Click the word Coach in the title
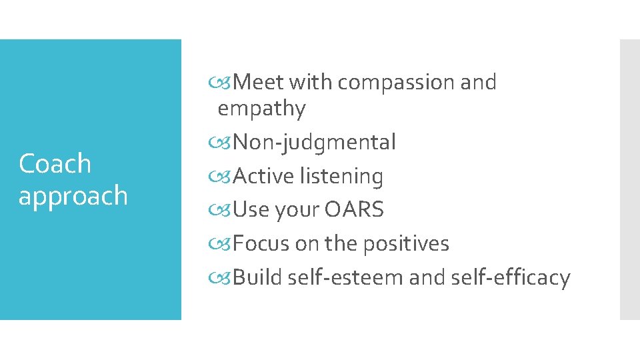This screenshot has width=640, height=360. pos(55,163)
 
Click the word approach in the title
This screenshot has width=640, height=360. pos(73,196)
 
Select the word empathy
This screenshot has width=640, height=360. pos(261,109)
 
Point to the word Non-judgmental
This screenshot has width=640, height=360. pos(315,142)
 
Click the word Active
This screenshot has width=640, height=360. pos(264,176)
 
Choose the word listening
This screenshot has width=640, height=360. pos(341,176)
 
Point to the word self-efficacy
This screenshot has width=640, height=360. pos(510,277)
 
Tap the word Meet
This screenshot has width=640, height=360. pos(259,82)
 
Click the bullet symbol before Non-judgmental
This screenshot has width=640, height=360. pos(225,143)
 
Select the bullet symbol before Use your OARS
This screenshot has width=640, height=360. pos(225,211)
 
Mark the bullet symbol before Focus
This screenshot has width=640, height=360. pos(225,244)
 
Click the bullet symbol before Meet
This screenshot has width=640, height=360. pos(225,83)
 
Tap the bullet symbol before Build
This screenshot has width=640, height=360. pos(225,278)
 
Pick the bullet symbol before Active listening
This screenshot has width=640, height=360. pos(225,177)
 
